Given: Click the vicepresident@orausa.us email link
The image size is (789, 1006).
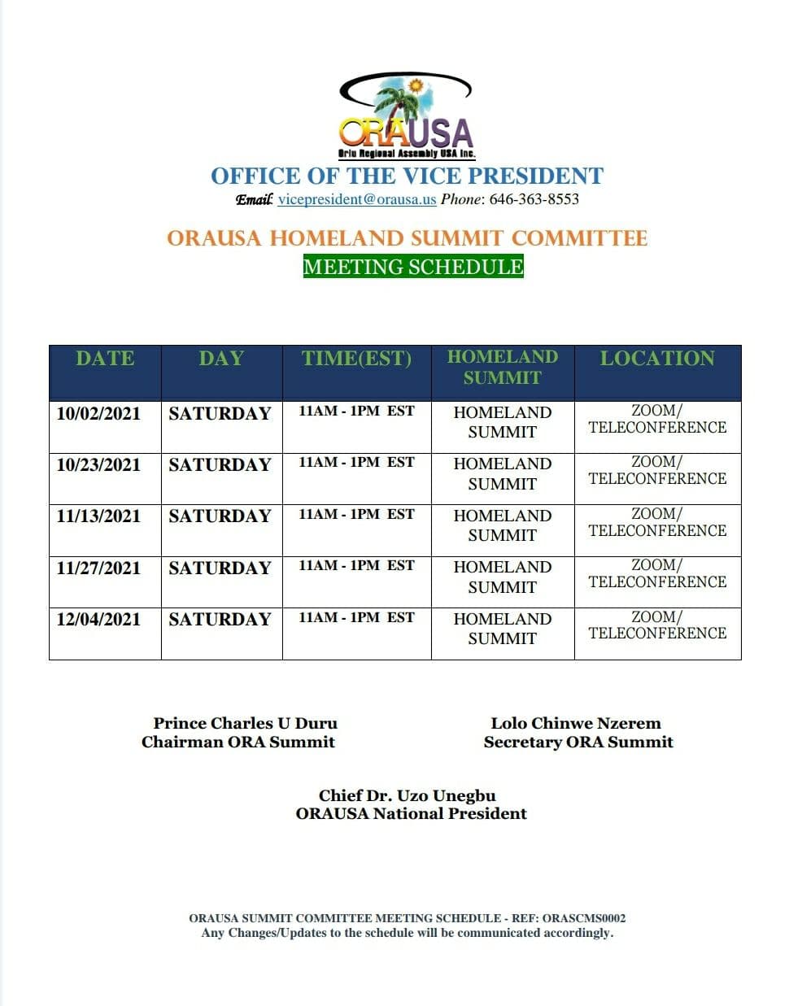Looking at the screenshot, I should [357, 199].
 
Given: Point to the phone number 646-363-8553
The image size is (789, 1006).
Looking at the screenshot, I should [534, 199].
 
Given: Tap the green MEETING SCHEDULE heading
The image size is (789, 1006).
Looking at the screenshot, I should [413, 267].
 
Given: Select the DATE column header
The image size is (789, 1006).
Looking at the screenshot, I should [105, 359].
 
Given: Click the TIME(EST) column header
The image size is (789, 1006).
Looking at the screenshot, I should [356, 359].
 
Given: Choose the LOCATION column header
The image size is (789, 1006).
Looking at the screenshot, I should [657, 359].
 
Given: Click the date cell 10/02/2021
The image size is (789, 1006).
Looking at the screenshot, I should [98, 414].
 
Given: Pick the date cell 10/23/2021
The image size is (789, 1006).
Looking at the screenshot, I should [98, 465].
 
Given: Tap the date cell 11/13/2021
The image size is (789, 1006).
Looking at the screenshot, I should [98, 516].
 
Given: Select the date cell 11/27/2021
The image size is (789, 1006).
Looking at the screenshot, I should [98, 568].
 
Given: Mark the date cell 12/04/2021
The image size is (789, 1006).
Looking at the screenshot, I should [98, 620].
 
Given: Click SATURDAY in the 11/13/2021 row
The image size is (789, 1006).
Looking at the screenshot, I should [220, 516].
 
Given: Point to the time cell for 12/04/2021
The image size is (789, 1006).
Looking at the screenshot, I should [356, 618].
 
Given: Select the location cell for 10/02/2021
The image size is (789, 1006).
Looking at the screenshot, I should [657, 420].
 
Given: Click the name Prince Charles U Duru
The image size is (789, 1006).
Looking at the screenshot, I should [245, 723].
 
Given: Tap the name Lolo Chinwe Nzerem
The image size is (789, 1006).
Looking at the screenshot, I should [576, 723].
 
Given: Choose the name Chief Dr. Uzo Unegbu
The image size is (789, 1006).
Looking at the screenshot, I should [407, 795].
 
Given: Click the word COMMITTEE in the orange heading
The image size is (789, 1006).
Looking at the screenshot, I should [579, 238].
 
